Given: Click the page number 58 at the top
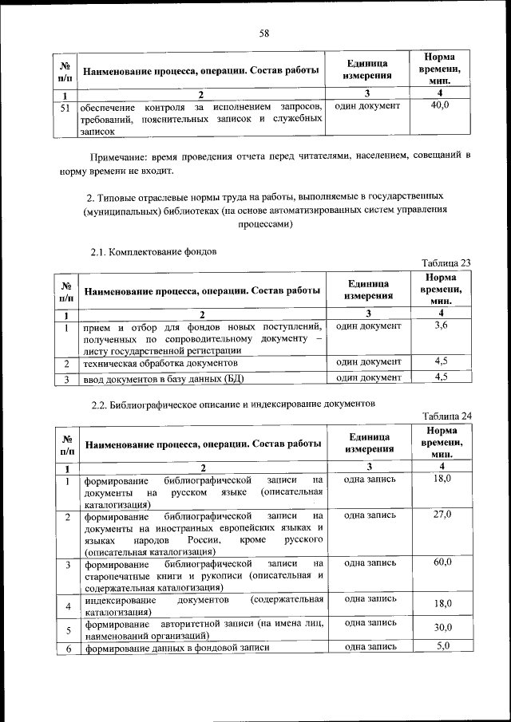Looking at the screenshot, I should [264, 33].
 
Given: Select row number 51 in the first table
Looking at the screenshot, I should [67, 106].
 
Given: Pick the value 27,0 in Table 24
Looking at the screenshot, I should [442, 515].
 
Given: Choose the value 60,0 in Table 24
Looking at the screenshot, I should [442, 562].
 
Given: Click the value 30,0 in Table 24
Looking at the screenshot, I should [443, 628].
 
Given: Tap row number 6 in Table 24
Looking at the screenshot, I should [69, 648].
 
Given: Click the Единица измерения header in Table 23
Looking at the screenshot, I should [368, 290].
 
